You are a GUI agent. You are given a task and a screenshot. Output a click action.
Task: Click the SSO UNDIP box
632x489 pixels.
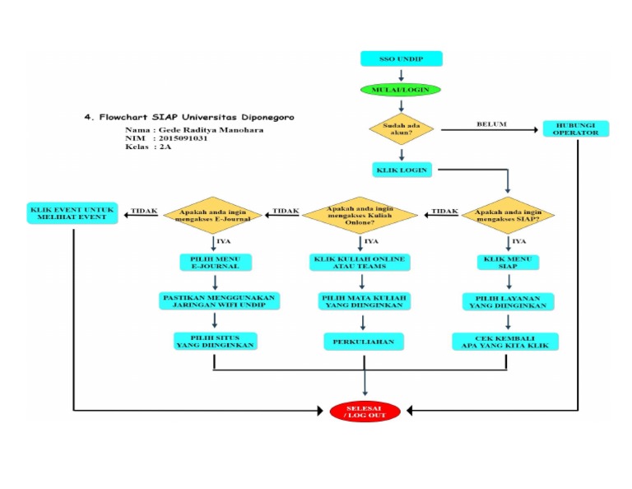point(401,59)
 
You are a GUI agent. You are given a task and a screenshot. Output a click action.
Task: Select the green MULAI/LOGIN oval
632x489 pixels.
point(400,89)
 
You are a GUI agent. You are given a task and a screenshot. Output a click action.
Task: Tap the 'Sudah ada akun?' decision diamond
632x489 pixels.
point(401,129)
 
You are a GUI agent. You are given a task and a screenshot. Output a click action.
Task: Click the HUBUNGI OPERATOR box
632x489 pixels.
point(576,128)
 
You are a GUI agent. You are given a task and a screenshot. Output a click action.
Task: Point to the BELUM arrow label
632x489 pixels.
point(491,124)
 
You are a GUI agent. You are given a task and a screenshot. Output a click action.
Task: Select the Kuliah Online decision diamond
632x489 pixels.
point(362,215)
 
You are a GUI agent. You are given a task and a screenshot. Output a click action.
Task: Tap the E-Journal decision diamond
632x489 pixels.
point(213,215)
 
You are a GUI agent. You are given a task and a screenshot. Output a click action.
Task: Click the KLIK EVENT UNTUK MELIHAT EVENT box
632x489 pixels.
point(73,213)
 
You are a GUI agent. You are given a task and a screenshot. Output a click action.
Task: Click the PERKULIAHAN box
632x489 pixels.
point(362,341)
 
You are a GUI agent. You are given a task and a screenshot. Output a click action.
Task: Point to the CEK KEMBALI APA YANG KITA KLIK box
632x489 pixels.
point(506,341)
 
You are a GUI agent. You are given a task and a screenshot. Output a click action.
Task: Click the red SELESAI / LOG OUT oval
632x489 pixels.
point(365,411)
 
